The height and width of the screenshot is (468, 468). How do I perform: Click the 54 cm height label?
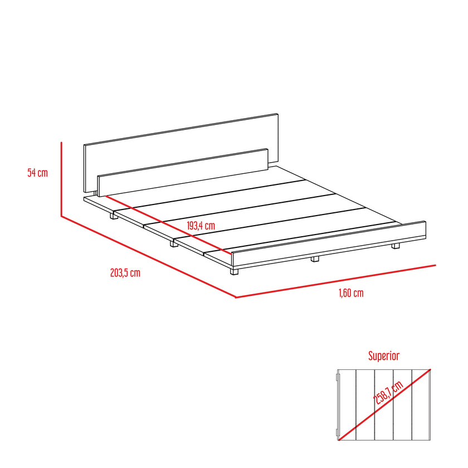coord(38,173)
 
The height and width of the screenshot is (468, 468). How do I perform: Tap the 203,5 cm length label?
coord(125,273)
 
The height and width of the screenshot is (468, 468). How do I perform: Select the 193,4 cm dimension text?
coord(201,226)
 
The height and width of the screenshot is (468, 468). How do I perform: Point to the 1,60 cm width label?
coord(351,293)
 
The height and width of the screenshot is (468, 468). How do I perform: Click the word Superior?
coord(384,356)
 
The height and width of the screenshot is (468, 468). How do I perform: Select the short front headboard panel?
coord(183,173)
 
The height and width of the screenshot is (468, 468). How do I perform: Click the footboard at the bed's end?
coord(329,243)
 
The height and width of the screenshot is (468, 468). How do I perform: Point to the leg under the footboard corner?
coord(235,271)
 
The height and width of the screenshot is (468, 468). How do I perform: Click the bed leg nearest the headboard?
coord(114,216)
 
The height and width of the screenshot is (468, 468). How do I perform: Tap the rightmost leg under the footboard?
coord(396,246)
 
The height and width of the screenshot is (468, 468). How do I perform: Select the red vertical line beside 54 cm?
coord(61,179)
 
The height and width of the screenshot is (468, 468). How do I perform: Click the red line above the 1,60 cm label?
coord(335,281)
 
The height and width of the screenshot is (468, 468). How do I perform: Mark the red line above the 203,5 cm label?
coord(148,257)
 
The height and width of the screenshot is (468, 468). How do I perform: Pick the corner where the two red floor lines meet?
coord(236,298)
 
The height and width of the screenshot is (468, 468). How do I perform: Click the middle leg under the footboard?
coord(315,259)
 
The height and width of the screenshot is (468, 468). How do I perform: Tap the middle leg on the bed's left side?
coord(174,243)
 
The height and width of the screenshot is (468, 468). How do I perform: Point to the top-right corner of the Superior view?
coord(430,369)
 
